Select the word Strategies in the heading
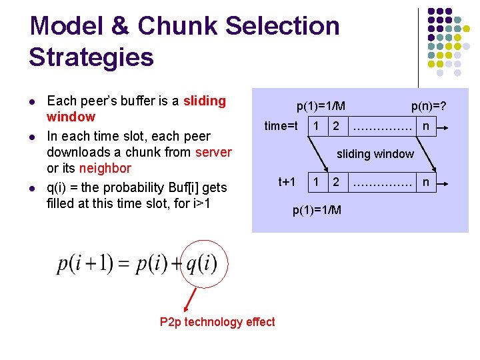tap(91, 57)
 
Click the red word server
tap(213, 152)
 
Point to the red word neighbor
tap(105, 168)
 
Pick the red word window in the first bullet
tap(71, 117)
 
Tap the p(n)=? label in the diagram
tap(428, 105)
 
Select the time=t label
tap(281, 125)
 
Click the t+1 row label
tap(287, 181)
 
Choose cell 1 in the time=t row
tap(317, 125)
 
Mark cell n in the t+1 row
tap(425, 181)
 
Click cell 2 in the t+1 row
tap(336, 181)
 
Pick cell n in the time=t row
tap(425, 125)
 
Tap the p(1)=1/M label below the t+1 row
tap(317, 210)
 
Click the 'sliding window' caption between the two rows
tap(375, 154)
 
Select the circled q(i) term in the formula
tap(201, 264)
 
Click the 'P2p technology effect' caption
tap(217, 322)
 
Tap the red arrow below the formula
tap(190, 299)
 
